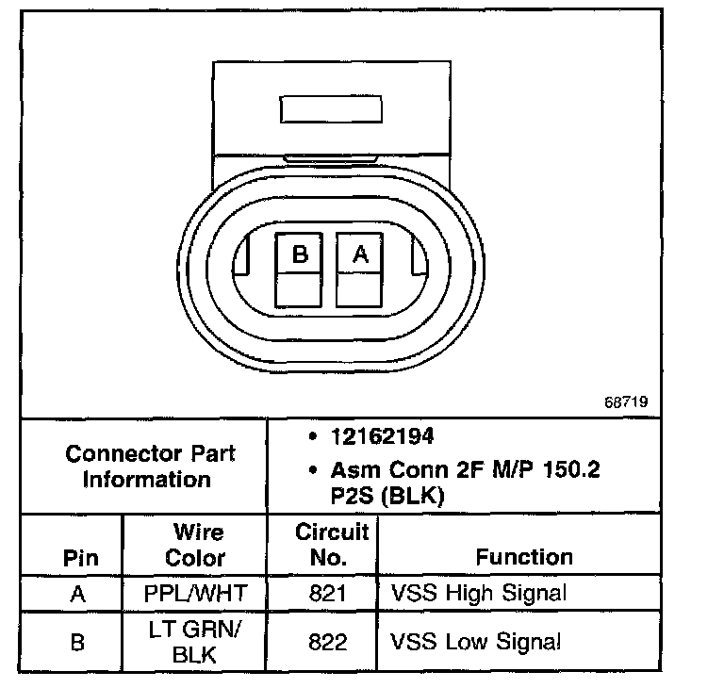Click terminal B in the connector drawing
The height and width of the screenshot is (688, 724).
(x=300, y=254)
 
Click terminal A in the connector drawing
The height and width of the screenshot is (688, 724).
(x=359, y=254)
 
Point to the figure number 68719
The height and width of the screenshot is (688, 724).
(x=626, y=401)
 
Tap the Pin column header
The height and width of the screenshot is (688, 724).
(x=80, y=557)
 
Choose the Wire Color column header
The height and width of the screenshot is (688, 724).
(x=195, y=545)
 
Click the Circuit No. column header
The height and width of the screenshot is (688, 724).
(x=327, y=545)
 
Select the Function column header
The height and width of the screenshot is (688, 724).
(x=523, y=557)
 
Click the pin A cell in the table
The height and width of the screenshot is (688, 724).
(x=80, y=594)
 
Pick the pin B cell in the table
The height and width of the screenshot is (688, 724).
(x=80, y=643)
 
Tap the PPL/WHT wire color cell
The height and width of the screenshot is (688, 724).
(x=195, y=594)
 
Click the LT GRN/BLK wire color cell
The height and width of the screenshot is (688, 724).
(x=195, y=643)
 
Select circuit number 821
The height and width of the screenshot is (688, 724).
(x=327, y=594)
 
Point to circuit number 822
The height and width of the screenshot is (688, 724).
(x=327, y=643)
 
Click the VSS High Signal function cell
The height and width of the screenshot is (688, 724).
(x=478, y=594)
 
